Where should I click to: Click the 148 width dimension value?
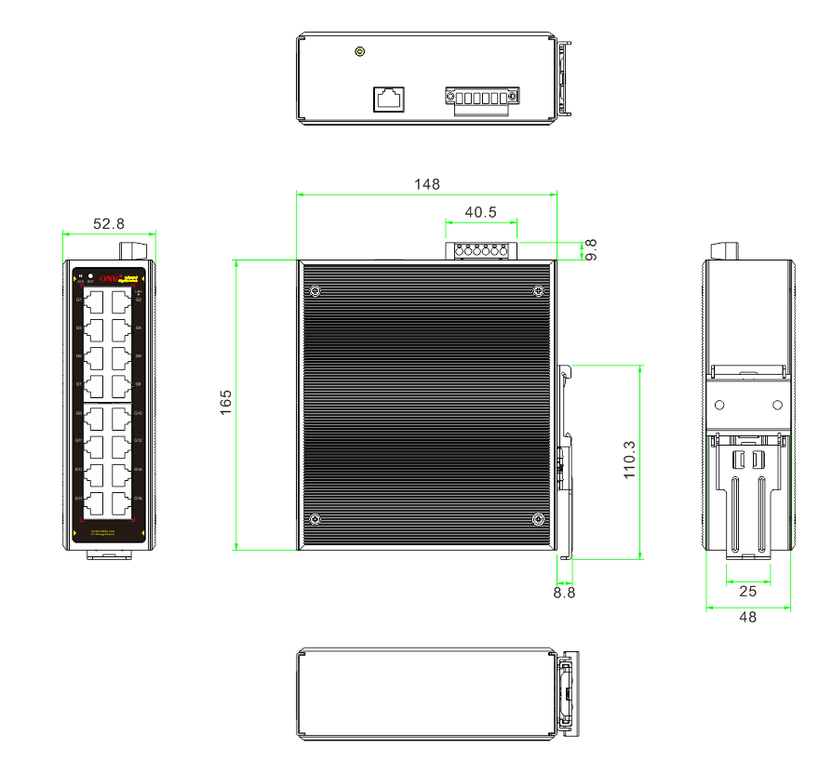click(426, 184)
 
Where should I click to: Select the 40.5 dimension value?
click(480, 212)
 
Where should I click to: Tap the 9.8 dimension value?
click(590, 249)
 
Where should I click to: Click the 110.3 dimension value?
click(630, 460)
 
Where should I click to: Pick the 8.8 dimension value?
click(564, 591)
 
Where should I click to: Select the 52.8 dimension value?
click(109, 223)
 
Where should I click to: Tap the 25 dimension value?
click(747, 591)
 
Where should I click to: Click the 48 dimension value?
click(747, 617)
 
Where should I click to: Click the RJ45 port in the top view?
click(390, 98)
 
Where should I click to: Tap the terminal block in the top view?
click(481, 98)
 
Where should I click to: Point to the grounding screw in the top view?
click(359, 52)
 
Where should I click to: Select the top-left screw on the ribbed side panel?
click(315, 291)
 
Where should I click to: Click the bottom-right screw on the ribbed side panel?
click(537, 518)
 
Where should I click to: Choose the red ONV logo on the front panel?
click(110, 277)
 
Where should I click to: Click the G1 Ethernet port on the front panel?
click(95, 302)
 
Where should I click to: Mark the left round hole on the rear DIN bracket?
click(719, 405)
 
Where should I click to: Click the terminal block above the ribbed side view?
click(481, 250)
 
